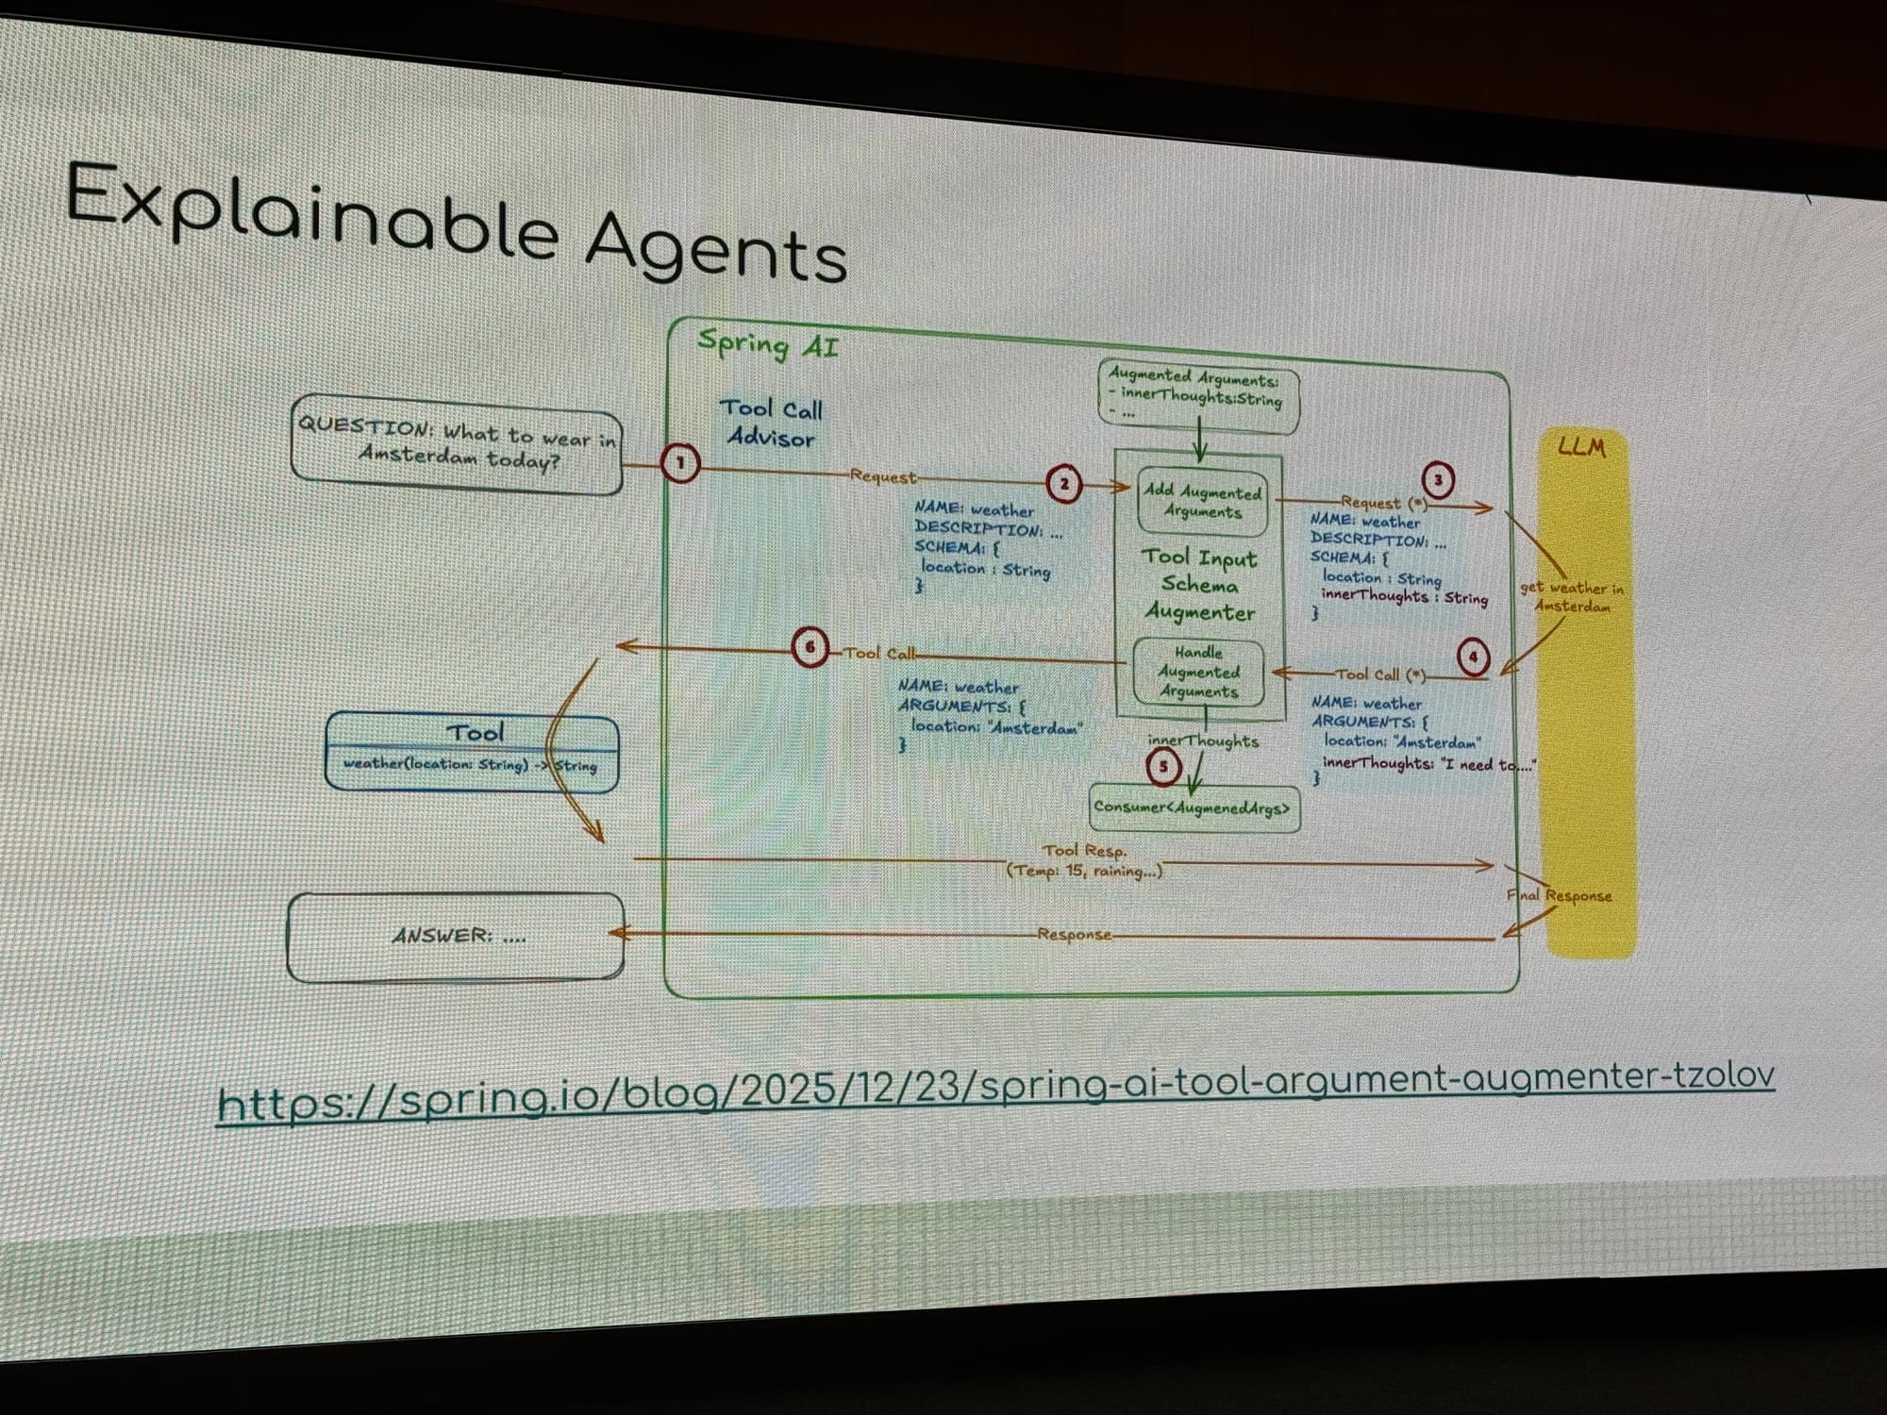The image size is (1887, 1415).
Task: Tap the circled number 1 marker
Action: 680,463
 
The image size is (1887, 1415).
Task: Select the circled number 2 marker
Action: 1063,484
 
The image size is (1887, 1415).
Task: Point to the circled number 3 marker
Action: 1438,480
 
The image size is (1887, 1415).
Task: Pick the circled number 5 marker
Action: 1163,767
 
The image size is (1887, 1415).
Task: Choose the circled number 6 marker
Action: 810,648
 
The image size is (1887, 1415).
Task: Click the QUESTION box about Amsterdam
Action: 457,445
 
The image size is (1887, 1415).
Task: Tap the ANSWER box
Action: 456,936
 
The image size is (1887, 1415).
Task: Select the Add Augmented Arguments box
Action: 1201,502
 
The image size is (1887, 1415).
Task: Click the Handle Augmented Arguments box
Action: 1198,672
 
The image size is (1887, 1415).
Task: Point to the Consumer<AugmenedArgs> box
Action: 1194,808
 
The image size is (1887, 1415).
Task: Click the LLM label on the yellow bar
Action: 1581,446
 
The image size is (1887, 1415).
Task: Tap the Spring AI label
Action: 767,344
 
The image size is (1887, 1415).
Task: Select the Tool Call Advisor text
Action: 771,423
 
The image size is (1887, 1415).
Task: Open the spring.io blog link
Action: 995,1087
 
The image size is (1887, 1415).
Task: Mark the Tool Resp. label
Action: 1085,851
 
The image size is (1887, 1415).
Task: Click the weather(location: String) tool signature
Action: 470,764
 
